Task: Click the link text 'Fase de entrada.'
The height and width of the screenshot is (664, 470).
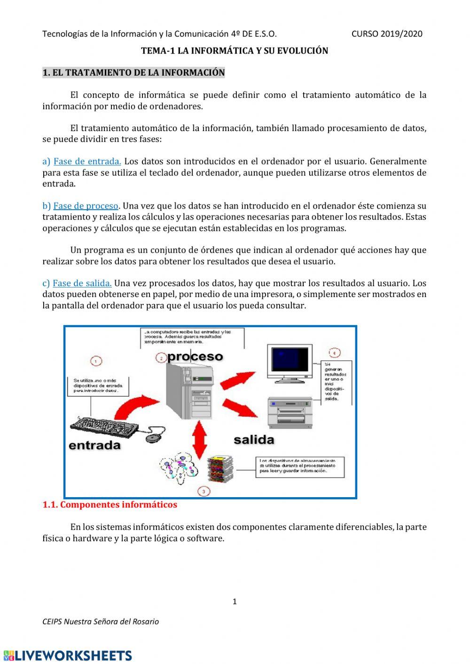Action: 87,161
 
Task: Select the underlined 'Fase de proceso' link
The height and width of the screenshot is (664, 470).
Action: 86,206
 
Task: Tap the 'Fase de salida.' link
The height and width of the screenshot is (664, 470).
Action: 82,283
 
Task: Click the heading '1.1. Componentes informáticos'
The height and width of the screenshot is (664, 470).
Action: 110,505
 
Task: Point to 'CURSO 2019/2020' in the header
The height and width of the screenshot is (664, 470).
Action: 387,34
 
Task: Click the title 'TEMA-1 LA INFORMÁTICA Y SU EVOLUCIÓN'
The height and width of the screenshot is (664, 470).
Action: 235,51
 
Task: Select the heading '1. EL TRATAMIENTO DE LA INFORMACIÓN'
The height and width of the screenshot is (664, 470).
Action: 133,73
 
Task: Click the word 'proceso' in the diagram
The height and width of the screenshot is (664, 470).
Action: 195,357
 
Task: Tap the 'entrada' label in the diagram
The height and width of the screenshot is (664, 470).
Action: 95,445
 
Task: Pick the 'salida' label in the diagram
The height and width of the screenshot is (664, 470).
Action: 254,440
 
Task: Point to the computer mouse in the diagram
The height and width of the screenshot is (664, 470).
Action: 153,438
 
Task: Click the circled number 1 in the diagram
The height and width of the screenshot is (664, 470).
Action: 96,361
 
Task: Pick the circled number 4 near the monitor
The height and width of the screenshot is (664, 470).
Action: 334,353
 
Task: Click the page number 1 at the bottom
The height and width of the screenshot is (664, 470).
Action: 235,602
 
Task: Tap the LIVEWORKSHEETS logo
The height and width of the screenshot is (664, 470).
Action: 68,656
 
